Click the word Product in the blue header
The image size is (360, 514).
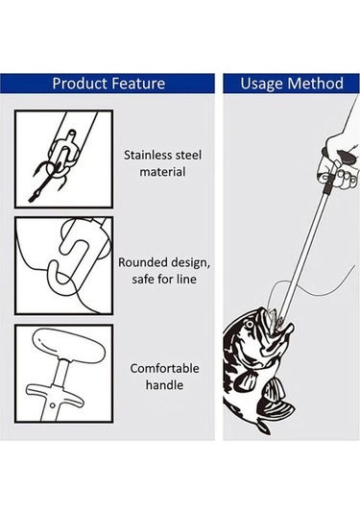click(80, 84)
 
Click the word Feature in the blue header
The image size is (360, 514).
click(138, 84)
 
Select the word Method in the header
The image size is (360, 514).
click(316, 84)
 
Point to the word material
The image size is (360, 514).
click(162, 172)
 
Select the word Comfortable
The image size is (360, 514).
click(164, 369)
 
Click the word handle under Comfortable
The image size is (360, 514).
click(164, 385)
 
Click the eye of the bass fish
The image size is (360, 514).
click(250, 325)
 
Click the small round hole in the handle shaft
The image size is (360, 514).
click(52, 405)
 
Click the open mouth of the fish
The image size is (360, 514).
click(275, 325)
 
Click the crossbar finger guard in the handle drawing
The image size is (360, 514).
click(54, 393)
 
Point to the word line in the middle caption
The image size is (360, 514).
click(185, 280)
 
